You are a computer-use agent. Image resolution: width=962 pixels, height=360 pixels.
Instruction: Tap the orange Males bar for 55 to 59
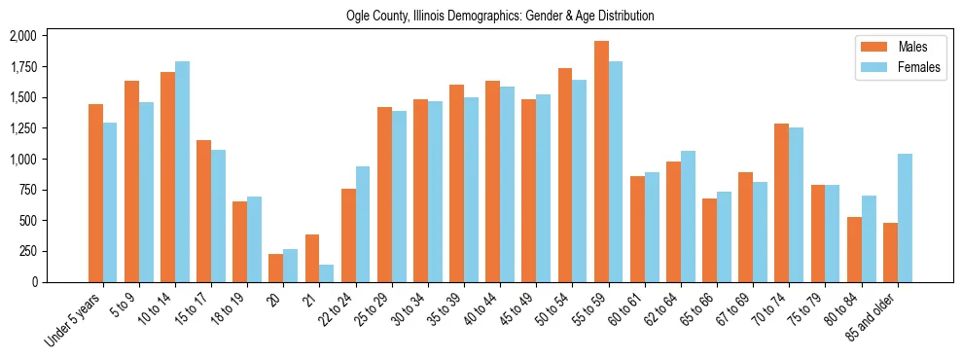click(x=601, y=162)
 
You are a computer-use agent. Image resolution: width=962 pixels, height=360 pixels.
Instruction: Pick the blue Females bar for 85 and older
click(x=905, y=218)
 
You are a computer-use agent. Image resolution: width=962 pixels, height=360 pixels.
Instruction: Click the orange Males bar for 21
click(x=312, y=258)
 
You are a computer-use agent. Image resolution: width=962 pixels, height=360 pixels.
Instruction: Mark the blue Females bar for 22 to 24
click(x=363, y=224)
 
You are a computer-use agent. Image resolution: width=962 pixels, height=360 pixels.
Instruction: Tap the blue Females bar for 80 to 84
click(x=869, y=238)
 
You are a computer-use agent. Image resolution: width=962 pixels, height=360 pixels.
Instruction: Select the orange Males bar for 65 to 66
click(x=710, y=240)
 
